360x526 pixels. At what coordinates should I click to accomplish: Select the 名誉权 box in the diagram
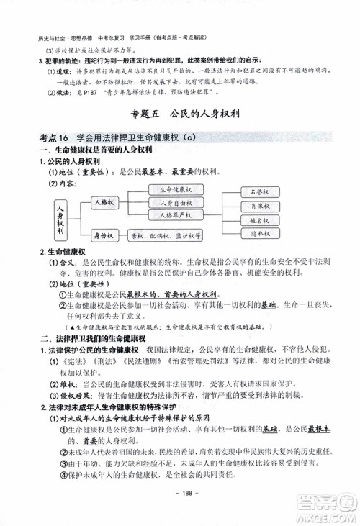(259, 193)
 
